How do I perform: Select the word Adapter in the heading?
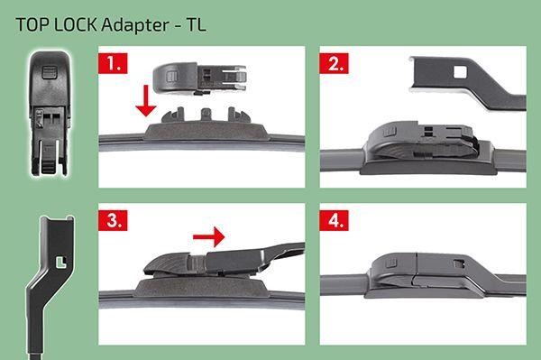[135, 25]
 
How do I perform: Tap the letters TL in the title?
[197, 25]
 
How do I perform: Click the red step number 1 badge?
[113, 63]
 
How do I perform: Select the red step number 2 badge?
[334, 63]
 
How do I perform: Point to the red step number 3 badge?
[113, 220]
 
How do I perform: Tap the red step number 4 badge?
[334, 220]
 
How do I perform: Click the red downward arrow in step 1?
[146, 100]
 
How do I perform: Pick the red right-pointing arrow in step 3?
[209, 236]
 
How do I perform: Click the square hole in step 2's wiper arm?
[460, 72]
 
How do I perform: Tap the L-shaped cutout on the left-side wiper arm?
[61, 263]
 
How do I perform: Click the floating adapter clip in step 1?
[199, 78]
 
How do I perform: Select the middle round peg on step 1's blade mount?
[206, 113]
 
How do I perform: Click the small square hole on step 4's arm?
[458, 263]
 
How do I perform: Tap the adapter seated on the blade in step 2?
[423, 143]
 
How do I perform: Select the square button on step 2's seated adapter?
[390, 132]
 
